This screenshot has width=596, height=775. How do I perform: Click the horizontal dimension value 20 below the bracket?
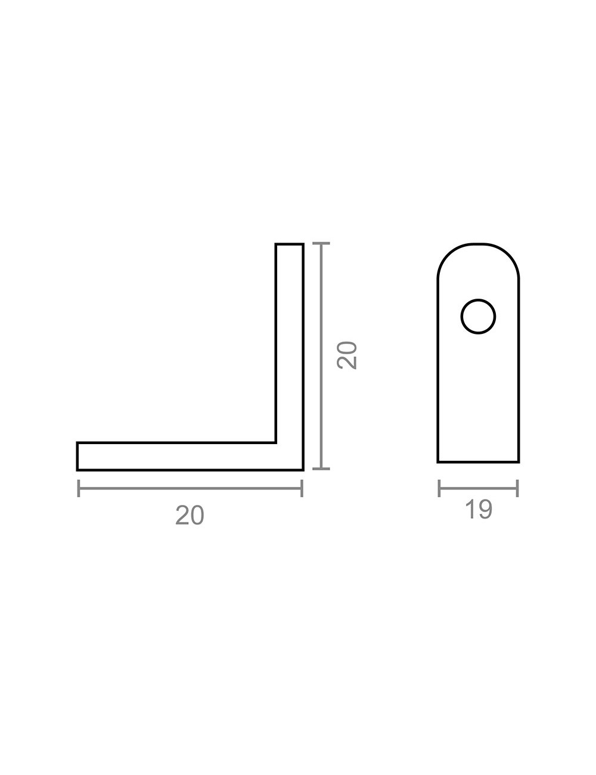pyautogui.click(x=190, y=515)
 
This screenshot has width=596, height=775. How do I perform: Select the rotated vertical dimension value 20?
pyautogui.click(x=347, y=356)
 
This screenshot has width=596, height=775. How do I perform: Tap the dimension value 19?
pyautogui.click(x=478, y=510)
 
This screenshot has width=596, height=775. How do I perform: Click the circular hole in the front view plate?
pyautogui.click(x=478, y=316)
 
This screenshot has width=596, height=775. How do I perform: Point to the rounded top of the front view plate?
pyautogui.click(x=478, y=246)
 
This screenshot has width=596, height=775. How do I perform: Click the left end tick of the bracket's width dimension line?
pyautogui.click(x=78, y=488)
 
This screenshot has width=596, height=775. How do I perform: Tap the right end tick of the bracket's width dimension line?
pyautogui.click(x=302, y=488)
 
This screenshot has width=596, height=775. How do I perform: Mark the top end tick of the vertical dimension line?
pyautogui.click(x=321, y=244)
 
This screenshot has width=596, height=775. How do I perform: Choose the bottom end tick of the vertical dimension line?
pyautogui.click(x=321, y=469)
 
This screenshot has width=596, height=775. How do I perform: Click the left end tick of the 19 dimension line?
pyautogui.click(x=439, y=488)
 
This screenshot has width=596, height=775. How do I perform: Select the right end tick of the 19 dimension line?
pyautogui.click(x=517, y=488)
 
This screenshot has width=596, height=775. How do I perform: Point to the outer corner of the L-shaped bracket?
pyautogui.click(x=303, y=469)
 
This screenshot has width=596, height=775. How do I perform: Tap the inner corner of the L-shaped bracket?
pyautogui.click(x=276, y=442)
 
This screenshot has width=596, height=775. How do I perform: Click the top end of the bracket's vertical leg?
pyautogui.click(x=290, y=244)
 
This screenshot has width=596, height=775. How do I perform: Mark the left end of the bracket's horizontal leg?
pyautogui.click(x=78, y=456)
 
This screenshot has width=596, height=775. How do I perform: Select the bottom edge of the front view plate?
pyautogui.click(x=478, y=461)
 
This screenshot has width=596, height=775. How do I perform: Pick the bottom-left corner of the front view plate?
pyautogui.click(x=439, y=461)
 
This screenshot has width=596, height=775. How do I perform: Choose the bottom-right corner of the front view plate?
pyautogui.click(x=519, y=461)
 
